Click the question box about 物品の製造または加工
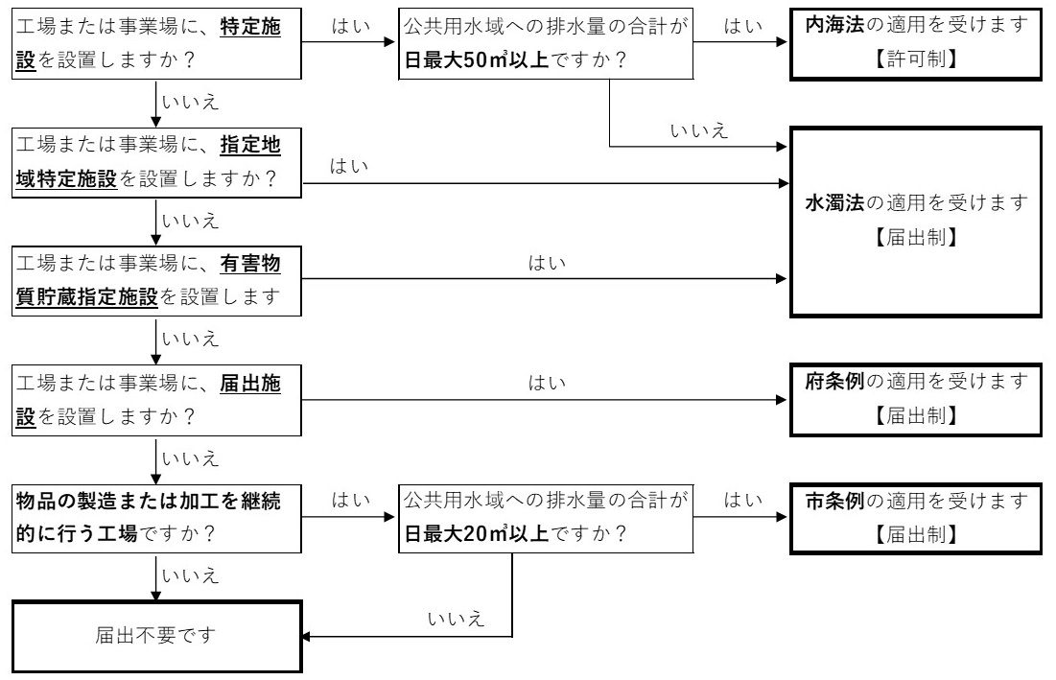(152, 518)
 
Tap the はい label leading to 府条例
(543, 384)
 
